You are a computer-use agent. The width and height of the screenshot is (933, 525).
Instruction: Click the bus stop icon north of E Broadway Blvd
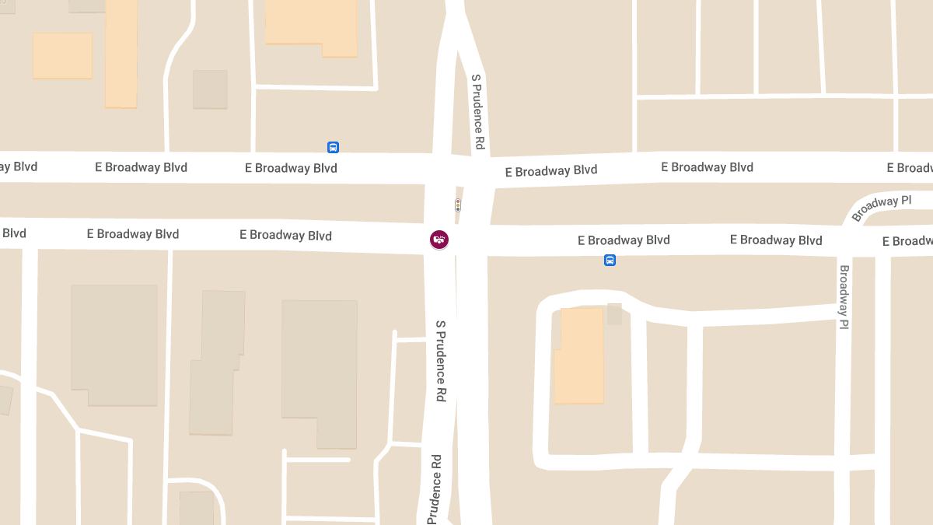pyautogui.click(x=333, y=147)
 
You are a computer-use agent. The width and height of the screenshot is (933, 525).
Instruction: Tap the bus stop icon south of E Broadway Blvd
pyautogui.click(x=610, y=261)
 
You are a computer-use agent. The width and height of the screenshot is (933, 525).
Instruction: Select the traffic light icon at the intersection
pyautogui.click(x=458, y=205)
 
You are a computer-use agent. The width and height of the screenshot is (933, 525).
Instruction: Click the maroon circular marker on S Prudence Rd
pyautogui.click(x=439, y=240)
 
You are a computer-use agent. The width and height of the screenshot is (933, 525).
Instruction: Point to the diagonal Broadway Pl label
pyautogui.click(x=881, y=208)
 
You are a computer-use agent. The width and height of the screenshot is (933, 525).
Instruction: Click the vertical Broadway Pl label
pyautogui.click(x=844, y=297)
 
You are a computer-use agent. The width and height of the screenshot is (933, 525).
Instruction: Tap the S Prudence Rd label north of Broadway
pyautogui.click(x=479, y=112)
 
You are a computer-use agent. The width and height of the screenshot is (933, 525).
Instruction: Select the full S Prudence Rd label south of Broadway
pyautogui.click(x=441, y=361)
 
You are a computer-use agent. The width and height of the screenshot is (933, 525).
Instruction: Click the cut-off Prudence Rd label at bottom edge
pyautogui.click(x=435, y=488)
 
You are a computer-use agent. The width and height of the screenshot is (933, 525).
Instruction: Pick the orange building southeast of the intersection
pyautogui.click(x=579, y=355)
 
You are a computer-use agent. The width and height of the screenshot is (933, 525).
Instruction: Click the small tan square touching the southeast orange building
pyautogui.click(x=614, y=313)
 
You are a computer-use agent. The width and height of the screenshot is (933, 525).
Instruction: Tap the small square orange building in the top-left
pyautogui.click(x=62, y=55)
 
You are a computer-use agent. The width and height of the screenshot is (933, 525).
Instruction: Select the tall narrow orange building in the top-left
pyautogui.click(x=121, y=53)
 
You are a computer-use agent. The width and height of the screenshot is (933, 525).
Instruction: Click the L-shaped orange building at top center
pyautogui.click(x=311, y=25)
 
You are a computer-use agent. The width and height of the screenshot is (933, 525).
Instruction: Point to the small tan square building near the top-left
pyautogui.click(x=210, y=89)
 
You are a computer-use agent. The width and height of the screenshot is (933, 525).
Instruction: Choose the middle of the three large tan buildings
pyautogui.click(x=216, y=362)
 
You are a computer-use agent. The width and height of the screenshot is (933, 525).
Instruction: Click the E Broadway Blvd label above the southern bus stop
pyautogui.click(x=624, y=240)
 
